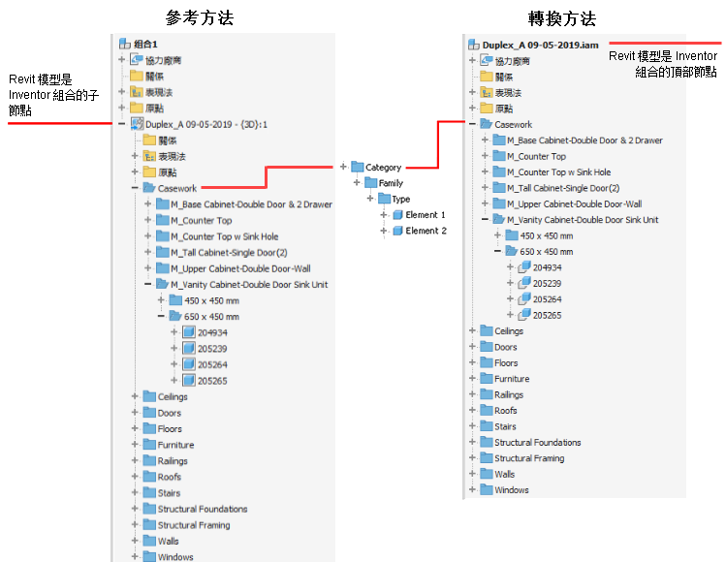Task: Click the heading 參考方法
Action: [x=200, y=18]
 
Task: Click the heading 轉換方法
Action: [x=562, y=18]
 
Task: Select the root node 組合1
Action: [x=145, y=44]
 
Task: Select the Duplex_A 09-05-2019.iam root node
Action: [x=533, y=45]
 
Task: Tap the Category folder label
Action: [x=383, y=168]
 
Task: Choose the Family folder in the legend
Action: [x=391, y=183]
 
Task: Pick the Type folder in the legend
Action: [x=400, y=199]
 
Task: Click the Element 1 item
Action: [x=426, y=214]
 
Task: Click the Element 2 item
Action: [x=426, y=231]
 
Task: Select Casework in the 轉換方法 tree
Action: [x=513, y=124]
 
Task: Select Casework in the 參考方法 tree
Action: [x=177, y=188]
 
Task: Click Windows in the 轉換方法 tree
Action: [x=511, y=490]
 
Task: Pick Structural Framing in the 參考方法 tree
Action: [x=194, y=525]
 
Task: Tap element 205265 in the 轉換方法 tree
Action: [x=547, y=315]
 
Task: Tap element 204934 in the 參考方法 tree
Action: [x=212, y=332]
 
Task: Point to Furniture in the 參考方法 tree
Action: [x=175, y=445]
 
